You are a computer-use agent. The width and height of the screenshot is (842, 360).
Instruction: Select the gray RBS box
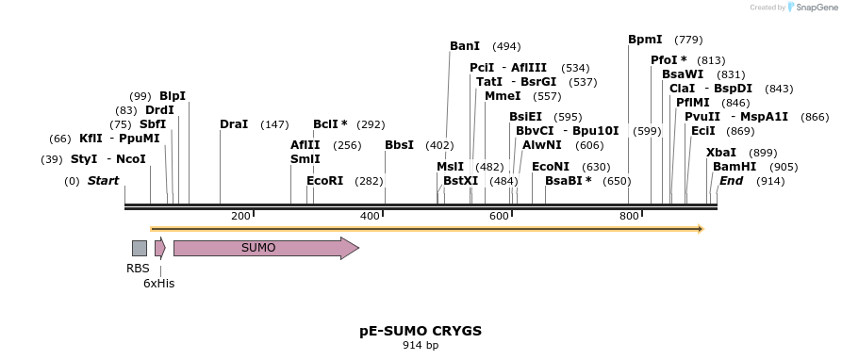[x=139, y=248]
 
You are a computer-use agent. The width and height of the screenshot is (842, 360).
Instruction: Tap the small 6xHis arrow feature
[x=159, y=248]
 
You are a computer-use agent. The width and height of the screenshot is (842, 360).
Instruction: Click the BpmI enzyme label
[x=645, y=40]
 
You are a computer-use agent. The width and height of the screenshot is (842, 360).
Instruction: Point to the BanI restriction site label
[x=464, y=46]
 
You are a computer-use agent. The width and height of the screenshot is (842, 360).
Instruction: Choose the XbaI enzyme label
[x=720, y=153]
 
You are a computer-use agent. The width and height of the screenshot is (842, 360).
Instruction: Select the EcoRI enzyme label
[x=324, y=181]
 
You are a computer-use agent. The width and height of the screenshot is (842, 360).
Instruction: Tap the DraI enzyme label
[x=234, y=124]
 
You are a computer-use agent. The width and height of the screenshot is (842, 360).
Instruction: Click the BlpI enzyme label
[x=173, y=96]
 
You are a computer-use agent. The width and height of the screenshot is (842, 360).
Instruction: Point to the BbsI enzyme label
[x=399, y=145]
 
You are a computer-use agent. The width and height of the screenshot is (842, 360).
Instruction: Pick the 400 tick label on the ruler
[x=370, y=217]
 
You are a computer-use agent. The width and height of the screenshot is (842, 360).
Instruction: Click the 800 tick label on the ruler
[x=629, y=217]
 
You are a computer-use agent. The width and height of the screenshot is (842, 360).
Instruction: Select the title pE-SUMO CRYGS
[x=421, y=331]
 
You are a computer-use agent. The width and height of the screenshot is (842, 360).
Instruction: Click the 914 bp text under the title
[x=421, y=346]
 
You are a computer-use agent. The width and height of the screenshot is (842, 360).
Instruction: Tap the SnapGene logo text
[x=815, y=8]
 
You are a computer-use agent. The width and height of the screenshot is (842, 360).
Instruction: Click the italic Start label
[x=103, y=181]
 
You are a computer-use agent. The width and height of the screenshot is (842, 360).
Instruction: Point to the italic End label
[x=731, y=181]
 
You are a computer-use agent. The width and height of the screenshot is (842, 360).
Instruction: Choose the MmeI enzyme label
[x=502, y=96]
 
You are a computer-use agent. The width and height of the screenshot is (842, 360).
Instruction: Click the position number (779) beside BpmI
[x=689, y=40]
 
